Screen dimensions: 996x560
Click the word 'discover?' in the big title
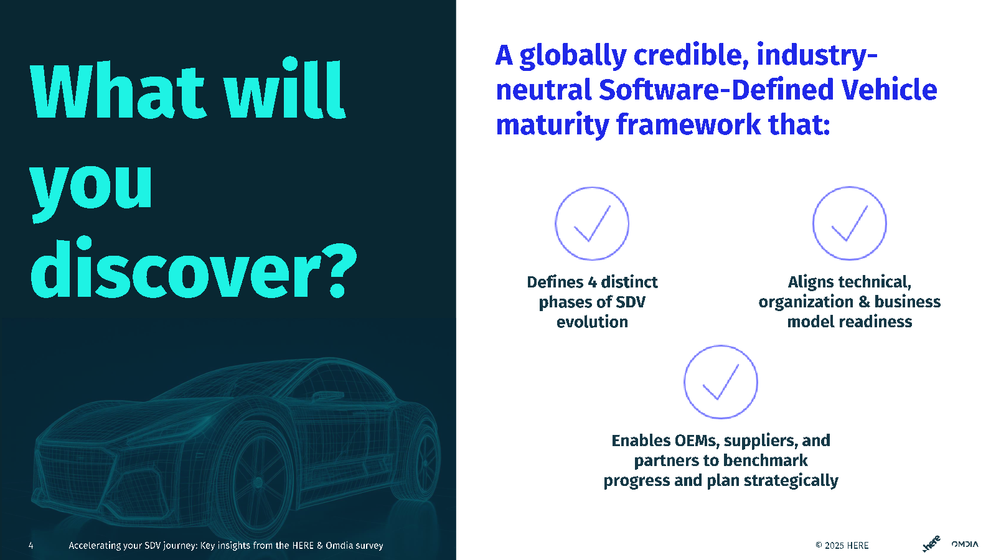(x=194, y=268)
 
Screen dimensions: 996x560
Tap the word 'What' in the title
(x=118, y=91)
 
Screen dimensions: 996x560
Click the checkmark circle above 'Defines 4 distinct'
(x=592, y=223)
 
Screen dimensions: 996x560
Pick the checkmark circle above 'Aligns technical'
(x=849, y=223)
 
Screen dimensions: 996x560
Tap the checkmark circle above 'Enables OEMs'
(x=720, y=382)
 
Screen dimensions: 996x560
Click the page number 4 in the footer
(x=31, y=545)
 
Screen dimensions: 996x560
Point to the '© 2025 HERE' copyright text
(x=842, y=545)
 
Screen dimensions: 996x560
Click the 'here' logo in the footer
(x=931, y=544)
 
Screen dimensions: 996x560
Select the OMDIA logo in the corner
(x=965, y=544)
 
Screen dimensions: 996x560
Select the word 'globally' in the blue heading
(x=573, y=56)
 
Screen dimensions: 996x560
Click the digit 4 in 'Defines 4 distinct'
(x=592, y=282)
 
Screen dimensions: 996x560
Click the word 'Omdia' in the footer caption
(x=339, y=545)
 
